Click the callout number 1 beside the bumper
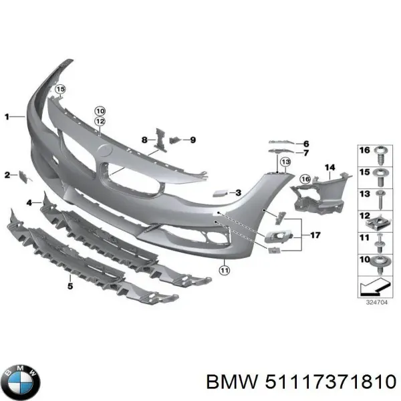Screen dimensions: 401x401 [7, 116]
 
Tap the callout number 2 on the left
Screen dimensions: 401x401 [7, 175]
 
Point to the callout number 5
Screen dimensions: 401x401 [70, 286]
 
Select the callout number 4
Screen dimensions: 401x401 [29, 203]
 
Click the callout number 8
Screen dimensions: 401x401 [144, 140]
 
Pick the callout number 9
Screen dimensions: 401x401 [192, 140]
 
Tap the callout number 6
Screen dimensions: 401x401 [306, 144]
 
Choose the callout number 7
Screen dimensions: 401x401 [306, 153]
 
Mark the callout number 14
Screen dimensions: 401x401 [329, 167]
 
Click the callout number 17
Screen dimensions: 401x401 [315, 235]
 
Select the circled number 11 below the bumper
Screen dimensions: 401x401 [224, 271]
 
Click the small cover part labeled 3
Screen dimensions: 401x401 [218, 192]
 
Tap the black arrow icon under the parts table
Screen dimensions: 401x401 [374, 287]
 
